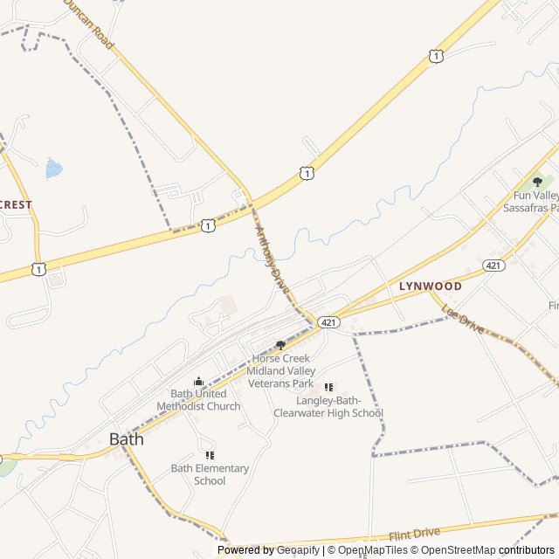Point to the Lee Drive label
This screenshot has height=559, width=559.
pyautogui.click(x=463, y=320)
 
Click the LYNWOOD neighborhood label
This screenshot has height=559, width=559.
pyautogui.click(x=430, y=286)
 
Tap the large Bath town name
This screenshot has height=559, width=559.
pyautogui.click(x=127, y=439)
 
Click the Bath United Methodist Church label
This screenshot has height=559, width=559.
pyautogui.click(x=198, y=400)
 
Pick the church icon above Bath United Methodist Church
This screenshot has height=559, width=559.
pyautogui.click(x=198, y=381)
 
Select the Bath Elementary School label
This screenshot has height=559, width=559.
pyautogui.click(x=210, y=474)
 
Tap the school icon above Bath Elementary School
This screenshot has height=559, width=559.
pyautogui.click(x=210, y=455)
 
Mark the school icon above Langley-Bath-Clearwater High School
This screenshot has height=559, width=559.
pyautogui.click(x=328, y=387)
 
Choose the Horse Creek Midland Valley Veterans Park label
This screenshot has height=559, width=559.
pyautogui.click(x=280, y=370)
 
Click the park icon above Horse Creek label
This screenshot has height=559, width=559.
pyautogui.click(x=280, y=345)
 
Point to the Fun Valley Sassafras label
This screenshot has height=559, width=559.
pyautogui.click(x=531, y=202)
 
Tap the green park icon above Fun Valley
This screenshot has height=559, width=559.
pyautogui.click(x=537, y=182)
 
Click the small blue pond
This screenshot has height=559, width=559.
pyautogui.click(x=54, y=168)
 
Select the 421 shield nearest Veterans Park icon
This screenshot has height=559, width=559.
pyautogui.click(x=328, y=322)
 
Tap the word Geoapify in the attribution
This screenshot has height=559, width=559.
pyautogui.click(x=299, y=550)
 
